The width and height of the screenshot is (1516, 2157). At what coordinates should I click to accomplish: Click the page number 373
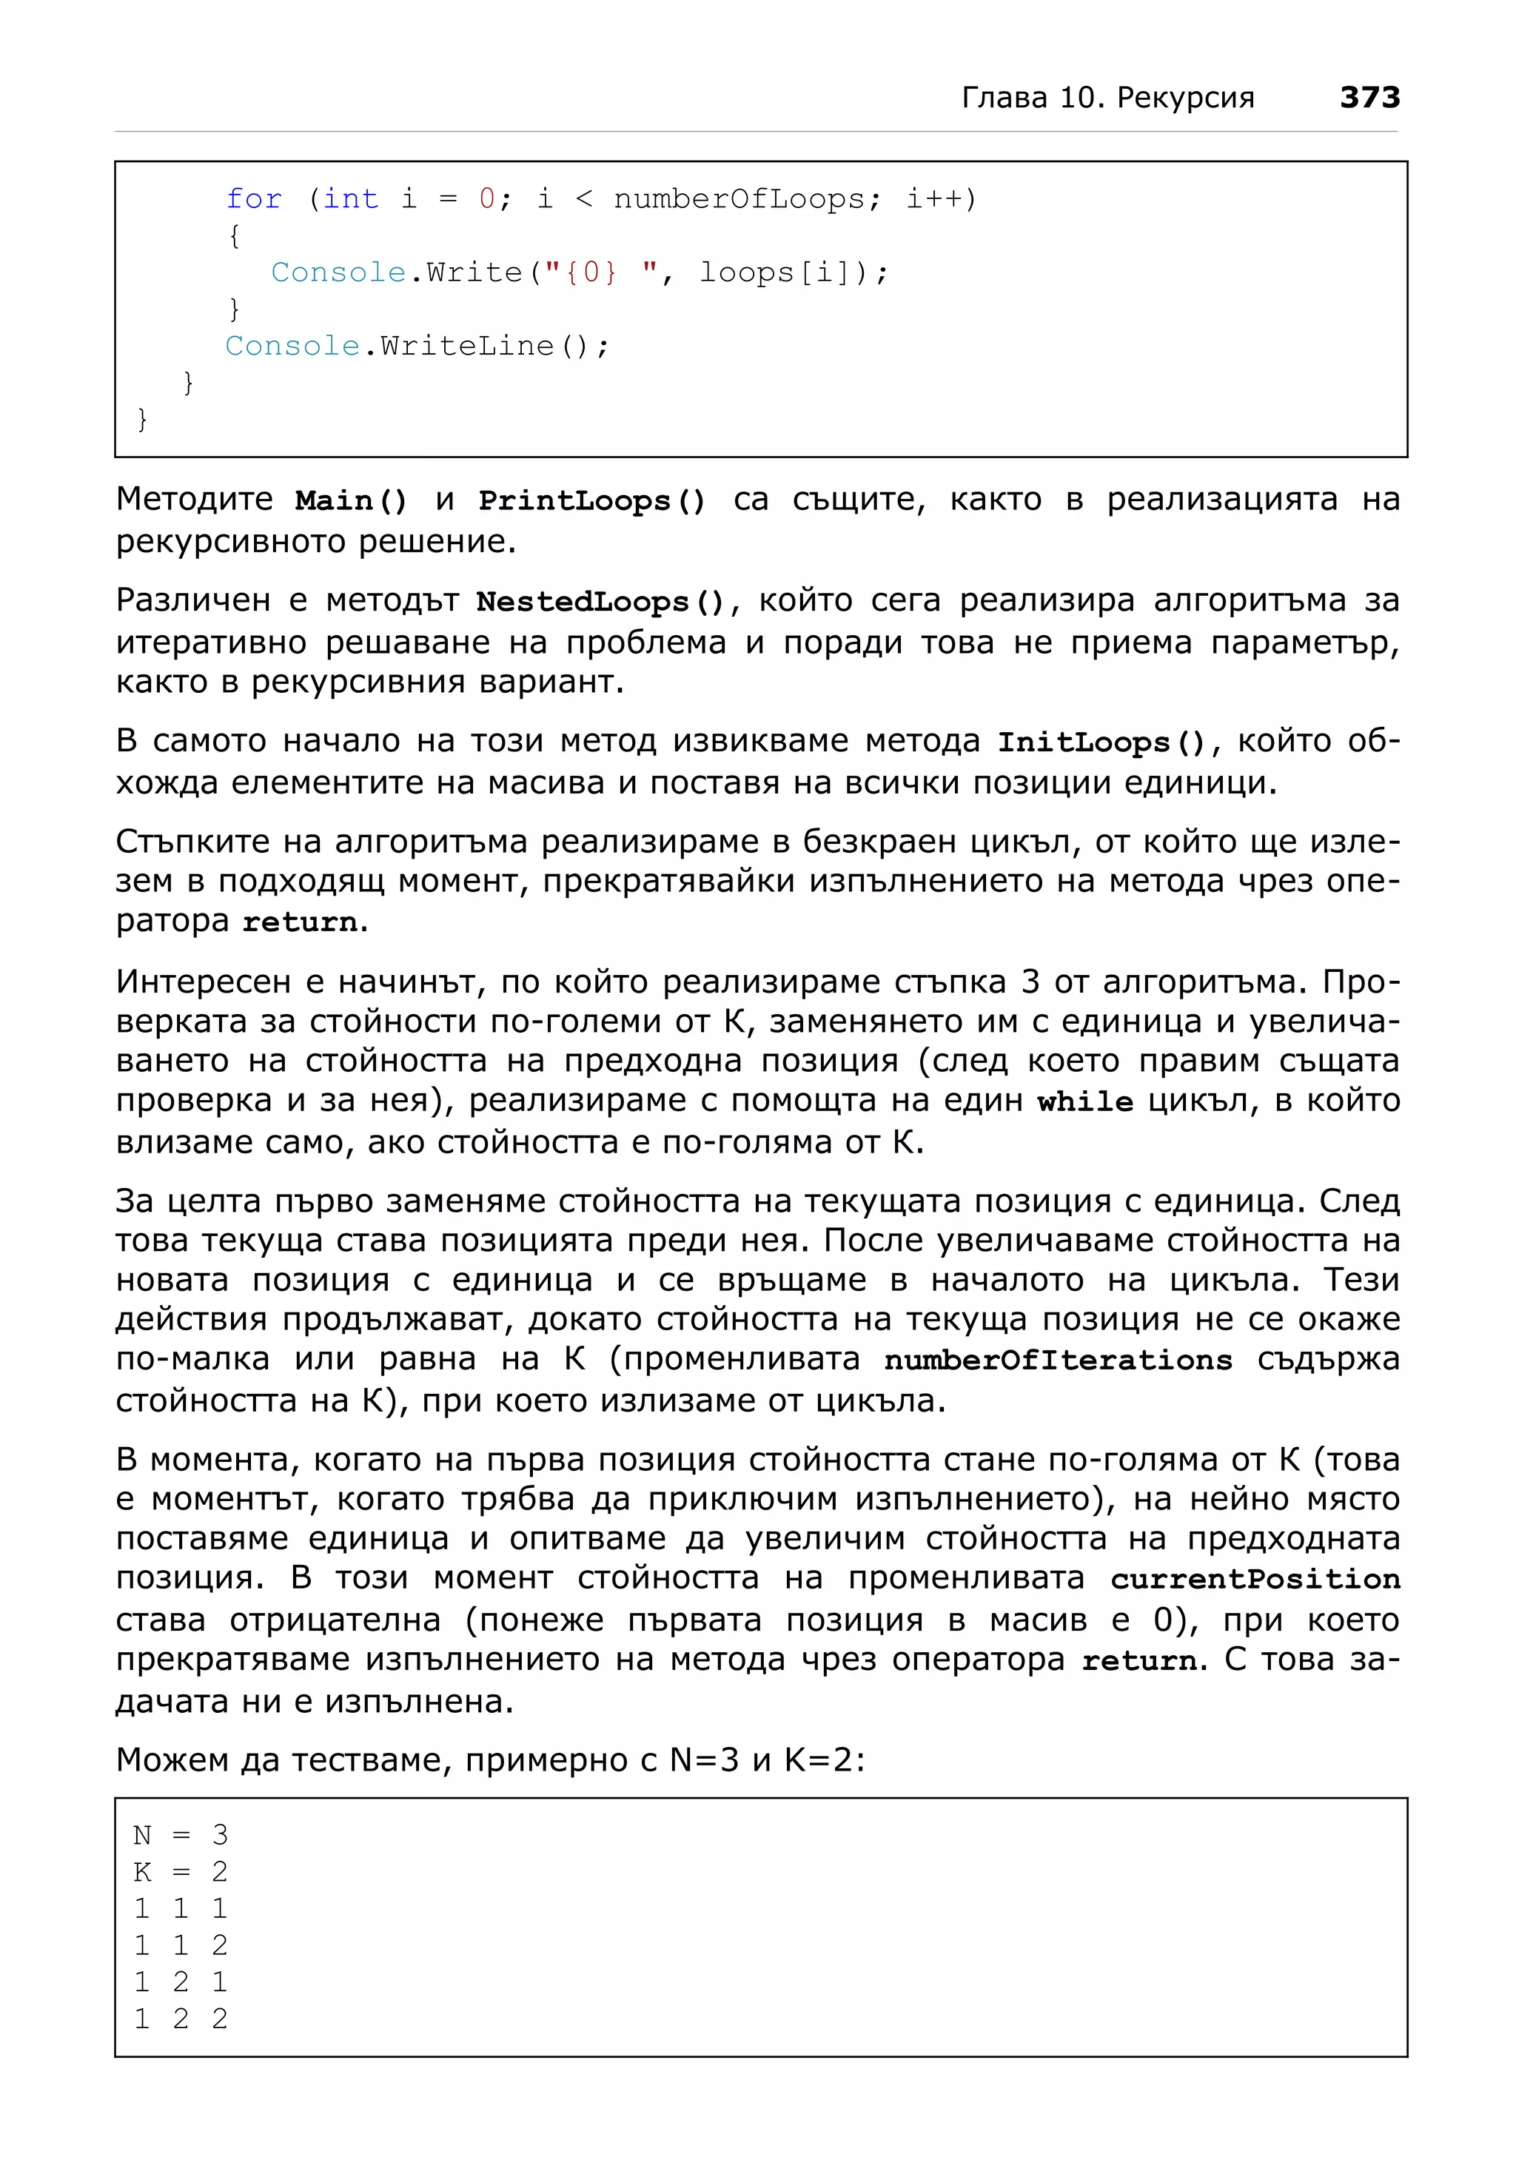pos(1369,97)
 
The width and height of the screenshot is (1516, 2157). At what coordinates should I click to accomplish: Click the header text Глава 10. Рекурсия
pos(1107,98)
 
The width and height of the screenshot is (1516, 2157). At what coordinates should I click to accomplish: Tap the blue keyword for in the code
pos(254,198)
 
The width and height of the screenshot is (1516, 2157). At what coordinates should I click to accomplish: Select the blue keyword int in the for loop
pos(350,198)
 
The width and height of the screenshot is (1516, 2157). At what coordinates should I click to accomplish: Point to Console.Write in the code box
pos(395,272)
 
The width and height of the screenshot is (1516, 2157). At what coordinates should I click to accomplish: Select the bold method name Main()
pos(350,500)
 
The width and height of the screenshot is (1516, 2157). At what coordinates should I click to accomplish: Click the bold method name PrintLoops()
pos(591,500)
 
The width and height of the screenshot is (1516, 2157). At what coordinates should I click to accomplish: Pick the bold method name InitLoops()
pos(1101,742)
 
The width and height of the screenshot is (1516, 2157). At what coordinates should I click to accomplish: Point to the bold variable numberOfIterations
pos(1058,1359)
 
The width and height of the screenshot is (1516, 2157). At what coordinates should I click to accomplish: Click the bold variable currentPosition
pos(1254,1579)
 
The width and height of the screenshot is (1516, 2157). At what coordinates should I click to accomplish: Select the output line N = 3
pos(181,1835)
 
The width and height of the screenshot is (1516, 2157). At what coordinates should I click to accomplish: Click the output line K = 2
pos(181,1871)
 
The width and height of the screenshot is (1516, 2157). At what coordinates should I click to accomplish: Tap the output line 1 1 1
pos(181,1908)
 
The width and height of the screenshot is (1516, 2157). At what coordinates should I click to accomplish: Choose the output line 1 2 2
pos(181,2018)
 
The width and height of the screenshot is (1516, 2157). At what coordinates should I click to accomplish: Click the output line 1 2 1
pos(181,1982)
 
